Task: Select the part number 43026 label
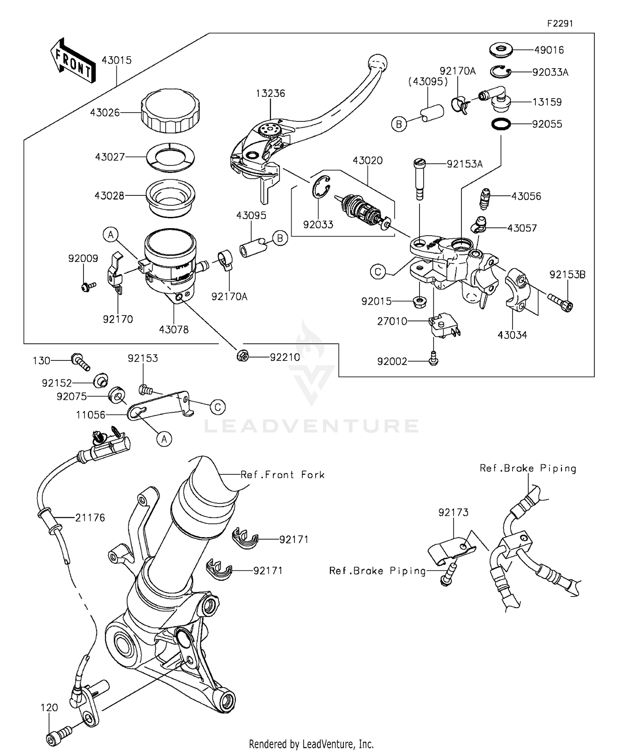tap(105, 113)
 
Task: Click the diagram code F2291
tap(559, 24)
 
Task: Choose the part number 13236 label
tap(270, 93)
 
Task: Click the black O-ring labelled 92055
tap(500, 124)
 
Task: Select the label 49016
tap(549, 50)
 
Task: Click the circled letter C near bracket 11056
tap(218, 407)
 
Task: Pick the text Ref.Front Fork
tap(282, 475)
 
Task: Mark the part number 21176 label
tap(90, 518)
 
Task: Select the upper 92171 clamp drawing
tap(245, 539)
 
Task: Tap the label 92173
tap(454, 513)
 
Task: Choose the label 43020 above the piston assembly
tap(368, 160)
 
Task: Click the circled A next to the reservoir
tap(111, 235)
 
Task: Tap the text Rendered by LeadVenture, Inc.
tap(311, 744)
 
